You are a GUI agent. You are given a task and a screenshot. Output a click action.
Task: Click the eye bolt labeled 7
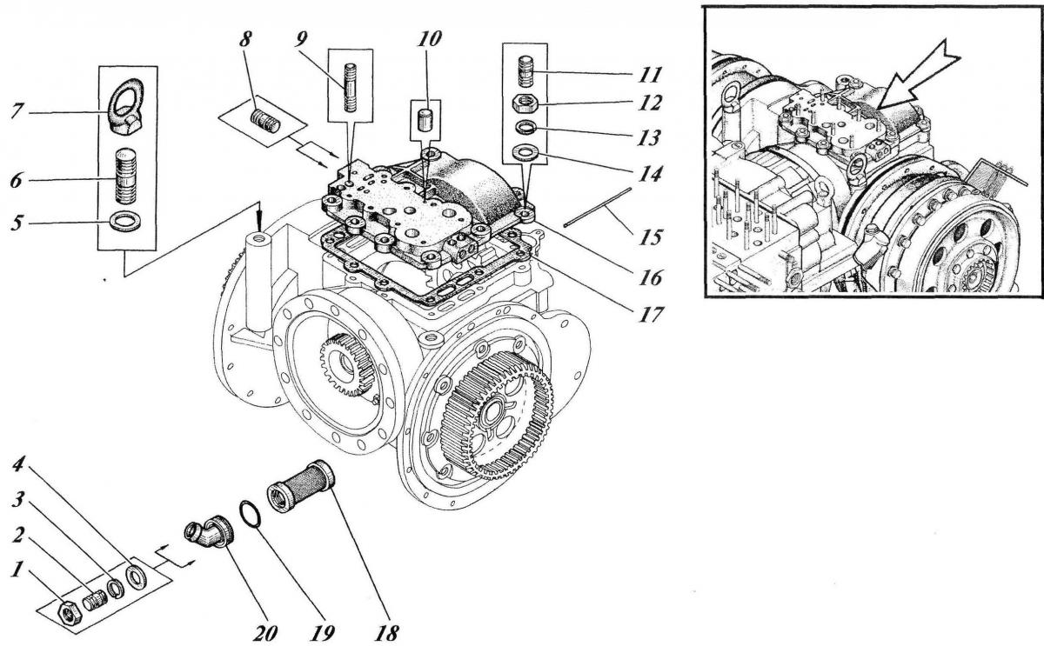coord(131,116)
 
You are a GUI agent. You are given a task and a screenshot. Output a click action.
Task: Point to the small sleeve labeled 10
coord(427,117)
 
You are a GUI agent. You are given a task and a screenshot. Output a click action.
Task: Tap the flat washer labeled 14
coord(525,155)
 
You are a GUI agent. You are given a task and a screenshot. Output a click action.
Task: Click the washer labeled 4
coord(137,576)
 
